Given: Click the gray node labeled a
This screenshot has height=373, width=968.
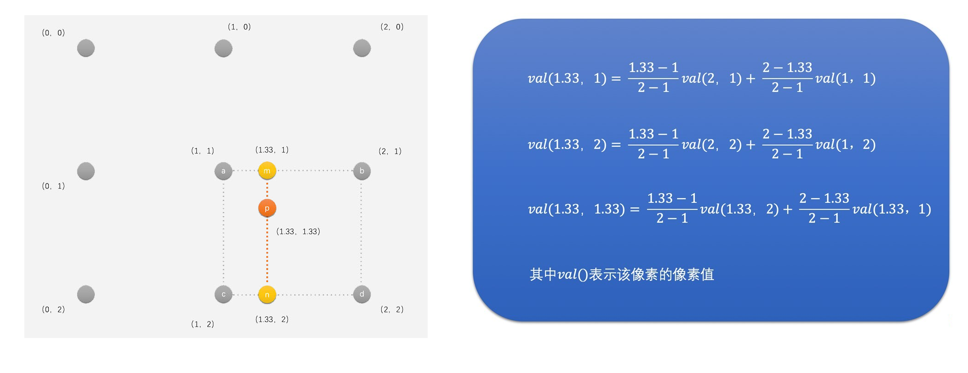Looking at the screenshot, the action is click(223, 171).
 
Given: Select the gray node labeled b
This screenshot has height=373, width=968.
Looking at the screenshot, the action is click(362, 171).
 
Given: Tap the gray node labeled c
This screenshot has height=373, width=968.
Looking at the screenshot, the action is click(223, 294).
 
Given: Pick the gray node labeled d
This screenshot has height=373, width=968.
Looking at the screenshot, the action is click(362, 294).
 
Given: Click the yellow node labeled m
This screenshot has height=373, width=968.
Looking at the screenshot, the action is click(267, 171).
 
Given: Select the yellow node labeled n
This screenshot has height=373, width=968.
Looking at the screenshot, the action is click(267, 295).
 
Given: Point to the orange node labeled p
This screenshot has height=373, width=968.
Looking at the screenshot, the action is click(267, 208).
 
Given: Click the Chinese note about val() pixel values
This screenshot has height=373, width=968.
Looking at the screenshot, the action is click(622, 275).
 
